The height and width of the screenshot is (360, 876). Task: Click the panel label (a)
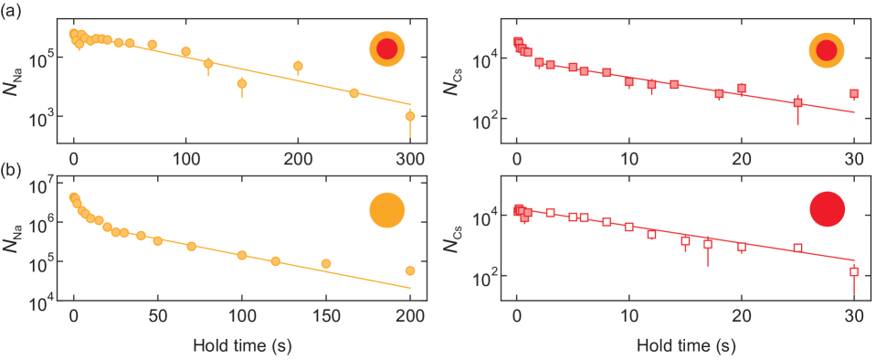(11, 11)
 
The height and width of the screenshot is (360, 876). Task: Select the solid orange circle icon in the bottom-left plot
(385, 210)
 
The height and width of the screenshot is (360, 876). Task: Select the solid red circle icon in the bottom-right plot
(828, 209)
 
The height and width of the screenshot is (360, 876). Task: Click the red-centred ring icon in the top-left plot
(385, 49)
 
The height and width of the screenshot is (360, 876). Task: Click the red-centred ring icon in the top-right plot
(828, 49)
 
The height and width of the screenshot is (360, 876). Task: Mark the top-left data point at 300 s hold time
(410, 116)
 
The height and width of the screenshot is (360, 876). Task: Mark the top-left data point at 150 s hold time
(242, 83)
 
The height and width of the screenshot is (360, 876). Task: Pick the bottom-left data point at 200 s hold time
(410, 270)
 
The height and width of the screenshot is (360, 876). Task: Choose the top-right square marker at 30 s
(853, 93)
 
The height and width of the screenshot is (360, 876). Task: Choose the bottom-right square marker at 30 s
(853, 271)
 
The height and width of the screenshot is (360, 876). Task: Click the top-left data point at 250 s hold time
(354, 92)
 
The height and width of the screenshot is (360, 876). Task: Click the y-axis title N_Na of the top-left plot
(21, 77)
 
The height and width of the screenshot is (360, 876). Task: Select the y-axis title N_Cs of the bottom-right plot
(464, 240)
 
